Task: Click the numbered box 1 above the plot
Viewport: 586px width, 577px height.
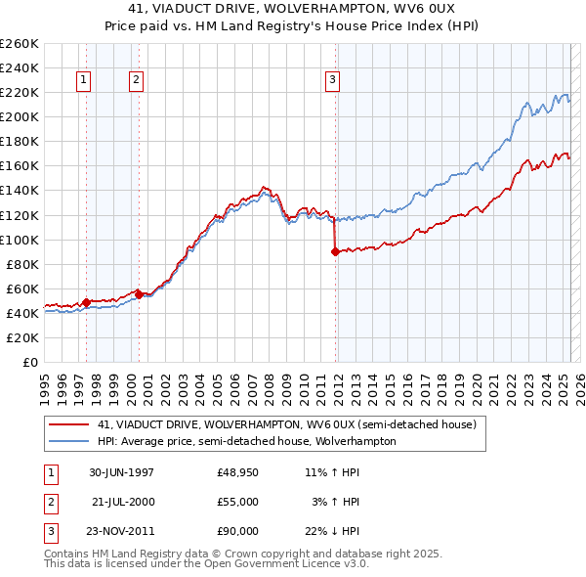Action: click(84, 80)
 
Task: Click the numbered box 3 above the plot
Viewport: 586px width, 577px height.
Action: click(333, 80)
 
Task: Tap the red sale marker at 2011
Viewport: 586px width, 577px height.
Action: click(335, 251)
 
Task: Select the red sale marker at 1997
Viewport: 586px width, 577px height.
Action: click(86, 302)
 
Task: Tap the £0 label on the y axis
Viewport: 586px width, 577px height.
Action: click(28, 362)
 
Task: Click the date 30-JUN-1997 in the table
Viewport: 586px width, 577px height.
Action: click(121, 472)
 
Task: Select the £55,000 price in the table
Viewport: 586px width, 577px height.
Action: click(238, 502)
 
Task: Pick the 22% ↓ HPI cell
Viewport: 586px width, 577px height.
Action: click(332, 531)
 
